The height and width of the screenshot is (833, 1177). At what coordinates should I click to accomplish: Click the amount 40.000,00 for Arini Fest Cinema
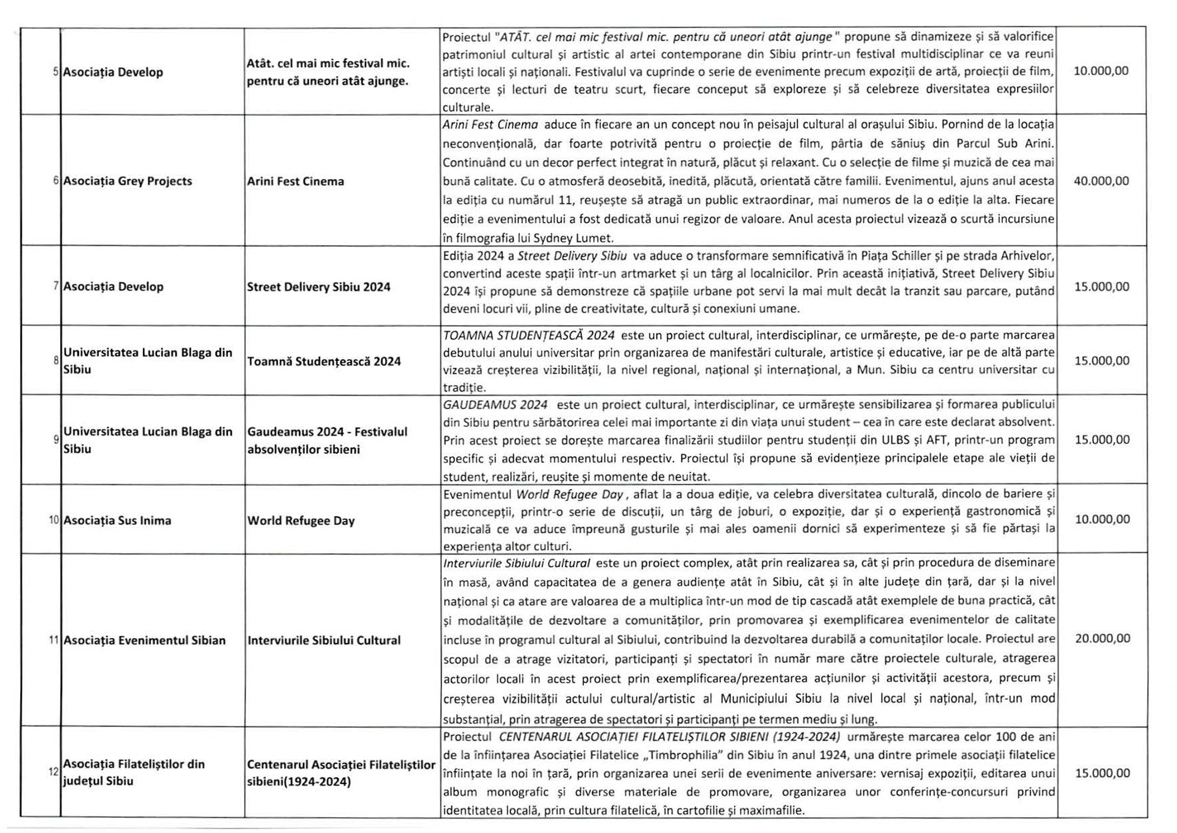[1101, 181]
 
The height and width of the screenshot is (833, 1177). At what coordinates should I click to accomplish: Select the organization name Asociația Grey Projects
[128, 181]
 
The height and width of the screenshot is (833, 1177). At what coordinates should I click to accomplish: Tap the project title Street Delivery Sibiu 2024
[318, 287]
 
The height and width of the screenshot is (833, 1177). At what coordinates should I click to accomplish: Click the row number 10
[54, 520]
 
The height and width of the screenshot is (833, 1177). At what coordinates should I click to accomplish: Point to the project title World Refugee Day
[301, 520]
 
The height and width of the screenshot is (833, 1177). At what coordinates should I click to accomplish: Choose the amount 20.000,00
[1102, 638]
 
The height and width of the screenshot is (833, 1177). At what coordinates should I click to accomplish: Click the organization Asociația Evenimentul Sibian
[144, 640]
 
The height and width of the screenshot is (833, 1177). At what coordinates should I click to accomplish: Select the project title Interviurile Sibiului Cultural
[324, 640]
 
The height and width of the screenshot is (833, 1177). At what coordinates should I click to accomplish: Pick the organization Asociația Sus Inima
[117, 520]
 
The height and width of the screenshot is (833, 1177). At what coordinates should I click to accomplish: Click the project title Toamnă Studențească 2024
[324, 361]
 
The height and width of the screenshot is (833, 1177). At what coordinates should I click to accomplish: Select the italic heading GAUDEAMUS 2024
[495, 405]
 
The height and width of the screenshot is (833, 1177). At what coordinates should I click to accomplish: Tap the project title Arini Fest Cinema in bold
[295, 181]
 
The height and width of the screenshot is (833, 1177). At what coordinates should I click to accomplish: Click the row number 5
[56, 72]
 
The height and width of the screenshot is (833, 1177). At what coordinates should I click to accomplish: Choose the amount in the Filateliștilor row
[1102, 773]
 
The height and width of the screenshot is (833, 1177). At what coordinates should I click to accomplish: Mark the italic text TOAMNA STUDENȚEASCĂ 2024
[528, 336]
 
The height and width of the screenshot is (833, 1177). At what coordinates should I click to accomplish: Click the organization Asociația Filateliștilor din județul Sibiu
[134, 772]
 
